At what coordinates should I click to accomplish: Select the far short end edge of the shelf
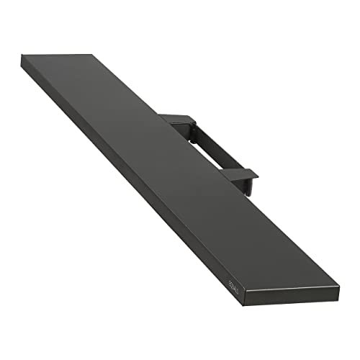[58, 55]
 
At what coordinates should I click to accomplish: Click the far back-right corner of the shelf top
[92, 54]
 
